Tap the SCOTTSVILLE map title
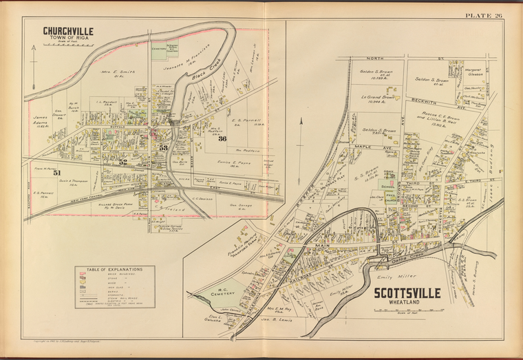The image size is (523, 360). [x=407, y=293]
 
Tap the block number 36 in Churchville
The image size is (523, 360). [x=222, y=139]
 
